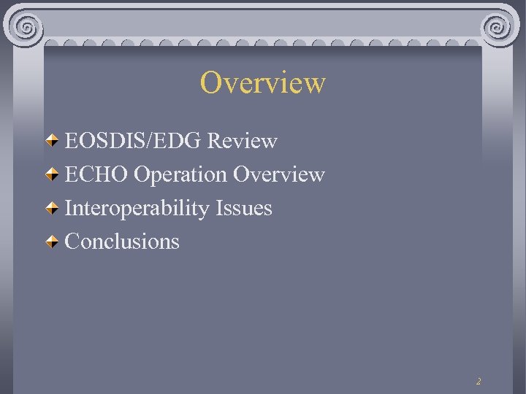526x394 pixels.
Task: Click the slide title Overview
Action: pos(263,82)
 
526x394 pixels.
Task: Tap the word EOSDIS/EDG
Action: pos(134,141)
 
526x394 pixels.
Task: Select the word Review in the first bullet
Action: pos(243,141)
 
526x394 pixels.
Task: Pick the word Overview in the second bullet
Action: pos(279,174)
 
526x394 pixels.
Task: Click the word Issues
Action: pos(244,208)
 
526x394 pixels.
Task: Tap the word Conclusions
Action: pos(122,242)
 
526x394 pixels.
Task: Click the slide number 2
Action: pos(479,381)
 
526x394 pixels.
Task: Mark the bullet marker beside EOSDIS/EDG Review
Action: pos(53,141)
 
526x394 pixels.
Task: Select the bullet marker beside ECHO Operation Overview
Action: pos(53,174)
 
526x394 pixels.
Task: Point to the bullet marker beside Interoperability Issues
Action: pos(53,208)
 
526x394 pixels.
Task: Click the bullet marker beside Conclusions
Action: pos(53,242)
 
